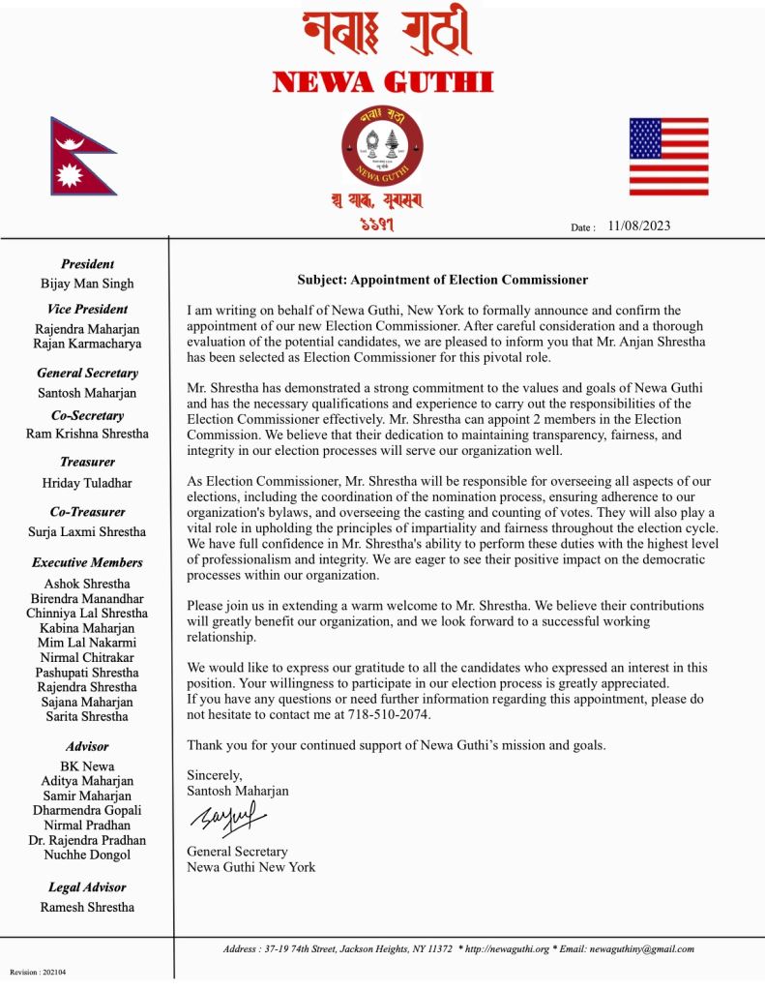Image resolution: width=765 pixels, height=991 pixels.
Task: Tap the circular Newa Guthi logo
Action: click(x=382, y=146)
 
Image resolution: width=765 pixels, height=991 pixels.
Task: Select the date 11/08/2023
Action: click(x=638, y=226)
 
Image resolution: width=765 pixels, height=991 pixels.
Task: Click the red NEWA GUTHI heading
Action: click(x=383, y=82)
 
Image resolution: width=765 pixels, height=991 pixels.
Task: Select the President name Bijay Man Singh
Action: click(x=87, y=284)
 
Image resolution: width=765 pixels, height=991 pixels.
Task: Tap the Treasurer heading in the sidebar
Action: click(x=87, y=462)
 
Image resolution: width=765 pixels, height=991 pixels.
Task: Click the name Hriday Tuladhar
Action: click(x=87, y=482)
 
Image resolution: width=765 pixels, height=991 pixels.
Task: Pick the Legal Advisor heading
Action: click(x=87, y=886)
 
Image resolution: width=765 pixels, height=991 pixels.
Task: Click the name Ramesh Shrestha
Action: click(x=87, y=907)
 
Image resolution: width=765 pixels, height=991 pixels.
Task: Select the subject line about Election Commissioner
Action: click(x=442, y=280)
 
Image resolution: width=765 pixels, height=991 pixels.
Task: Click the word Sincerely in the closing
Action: click(x=214, y=775)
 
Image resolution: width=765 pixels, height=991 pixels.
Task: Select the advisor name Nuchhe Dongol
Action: click(x=87, y=855)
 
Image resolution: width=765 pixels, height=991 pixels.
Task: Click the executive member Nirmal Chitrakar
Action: click(x=87, y=657)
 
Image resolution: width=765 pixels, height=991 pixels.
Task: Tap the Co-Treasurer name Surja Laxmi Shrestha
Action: click(x=87, y=531)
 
